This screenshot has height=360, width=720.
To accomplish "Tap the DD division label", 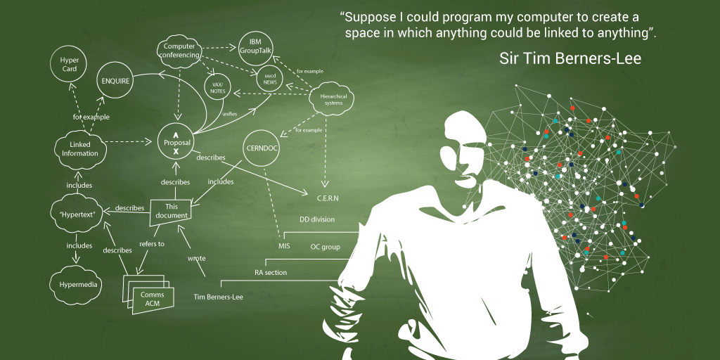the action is (317, 219).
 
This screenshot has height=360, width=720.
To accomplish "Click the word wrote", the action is (197, 258).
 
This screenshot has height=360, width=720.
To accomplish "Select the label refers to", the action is (152, 244).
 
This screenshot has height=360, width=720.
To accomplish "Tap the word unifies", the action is (230, 114).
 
